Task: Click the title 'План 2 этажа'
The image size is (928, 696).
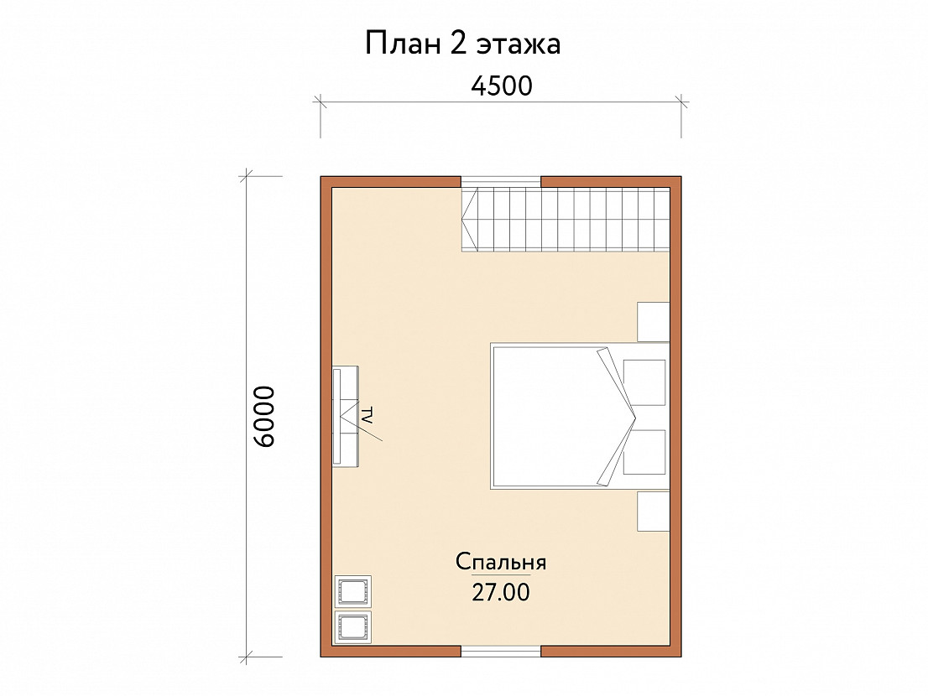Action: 462,44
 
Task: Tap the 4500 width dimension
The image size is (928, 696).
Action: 501,86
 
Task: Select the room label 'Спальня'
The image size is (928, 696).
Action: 501,562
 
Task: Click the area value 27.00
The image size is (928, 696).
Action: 501,592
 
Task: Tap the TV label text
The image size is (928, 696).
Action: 367,415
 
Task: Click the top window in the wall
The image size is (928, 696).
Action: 501,183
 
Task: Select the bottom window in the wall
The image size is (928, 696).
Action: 501,651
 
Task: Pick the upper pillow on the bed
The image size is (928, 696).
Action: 644,382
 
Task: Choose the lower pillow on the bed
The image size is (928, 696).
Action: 644,452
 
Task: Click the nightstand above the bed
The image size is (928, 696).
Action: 654,322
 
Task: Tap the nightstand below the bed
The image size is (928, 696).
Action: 654,511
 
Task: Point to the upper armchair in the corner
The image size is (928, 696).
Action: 353,591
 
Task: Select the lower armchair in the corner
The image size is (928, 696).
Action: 353,627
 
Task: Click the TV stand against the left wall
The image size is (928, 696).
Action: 346,416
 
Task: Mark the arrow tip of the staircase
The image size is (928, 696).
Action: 462,220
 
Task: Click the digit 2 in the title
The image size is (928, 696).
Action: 457,44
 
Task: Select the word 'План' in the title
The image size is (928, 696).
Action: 402,44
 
